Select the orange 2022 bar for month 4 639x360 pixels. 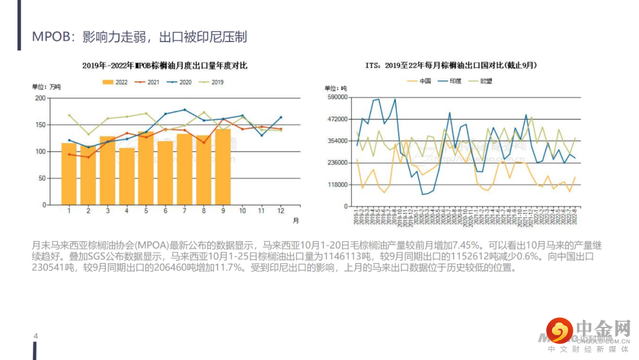(127, 176)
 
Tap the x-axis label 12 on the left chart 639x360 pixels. (280, 210)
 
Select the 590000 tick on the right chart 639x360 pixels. (335, 97)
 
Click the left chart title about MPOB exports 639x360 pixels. (164, 65)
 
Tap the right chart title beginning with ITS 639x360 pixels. (454, 65)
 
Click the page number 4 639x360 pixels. (35, 337)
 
